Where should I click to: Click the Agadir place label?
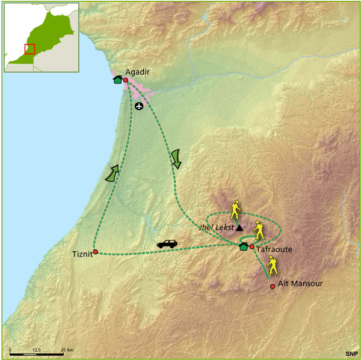[x=137, y=72]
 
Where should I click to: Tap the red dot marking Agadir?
[x=125, y=79]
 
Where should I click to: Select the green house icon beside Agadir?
[x=117, y=79]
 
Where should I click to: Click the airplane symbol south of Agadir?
[x=140, y=106]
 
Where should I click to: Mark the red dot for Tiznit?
[x=95, y=252]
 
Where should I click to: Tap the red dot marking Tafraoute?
[x=251, y=246]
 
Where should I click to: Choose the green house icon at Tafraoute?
[x=243, y=246]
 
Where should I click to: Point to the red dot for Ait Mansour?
[x=273, y=286]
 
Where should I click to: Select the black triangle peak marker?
[x=239, y=228]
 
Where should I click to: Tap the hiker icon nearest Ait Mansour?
[x=272, y=265]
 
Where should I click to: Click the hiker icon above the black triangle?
[x=236, y=209]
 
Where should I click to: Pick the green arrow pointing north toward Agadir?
[x=111, y=173]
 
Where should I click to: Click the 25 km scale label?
[x=67, y=349]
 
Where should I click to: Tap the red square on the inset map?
[x=29, y=49]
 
